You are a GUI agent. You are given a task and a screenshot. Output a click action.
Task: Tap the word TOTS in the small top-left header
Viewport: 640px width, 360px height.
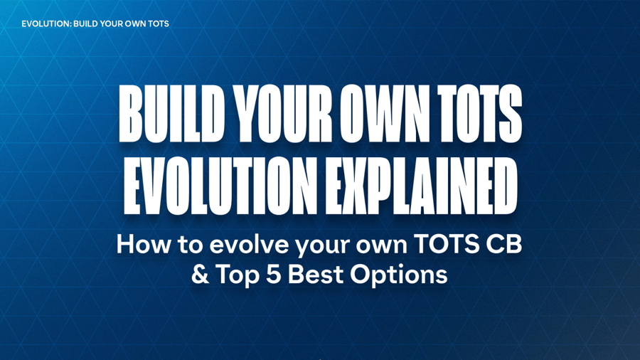[158, 23]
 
